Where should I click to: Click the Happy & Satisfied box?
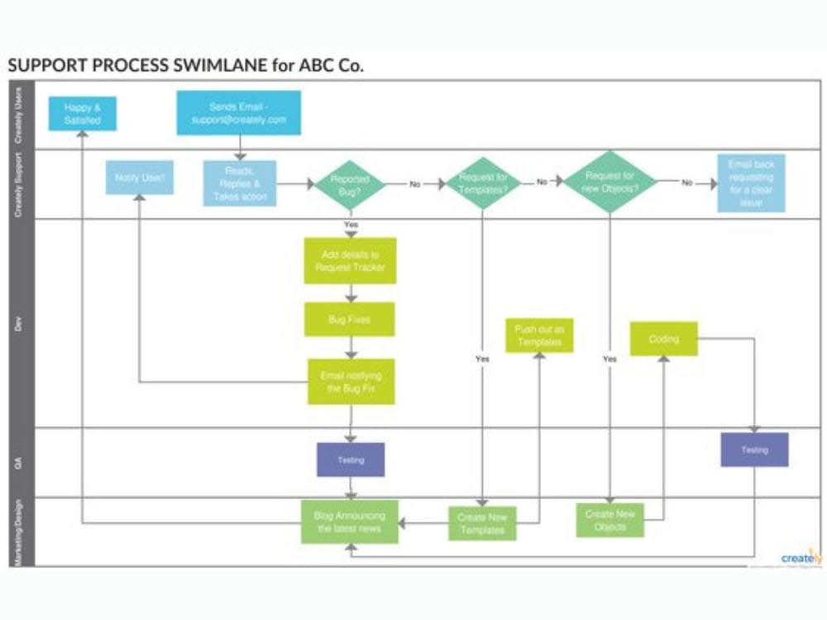tap(82, 113)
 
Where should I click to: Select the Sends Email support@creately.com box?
tap(239, 113)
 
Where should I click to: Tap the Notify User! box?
tap(140, 177)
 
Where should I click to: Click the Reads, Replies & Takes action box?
tap(240, 184)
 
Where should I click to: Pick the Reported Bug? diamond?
tap(350, 184)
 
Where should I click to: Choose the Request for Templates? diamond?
tap(483, 183)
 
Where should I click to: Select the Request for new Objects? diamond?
tap(609, 182)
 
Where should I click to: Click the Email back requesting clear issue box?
tap(751, 184)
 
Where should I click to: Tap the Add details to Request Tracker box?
tap(350, 260)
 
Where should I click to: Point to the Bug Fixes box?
tap(349, 319)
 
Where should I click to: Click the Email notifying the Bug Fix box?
tap(351, 381)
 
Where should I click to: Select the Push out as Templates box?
tap(539, 336)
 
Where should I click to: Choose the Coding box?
tap(663, 339)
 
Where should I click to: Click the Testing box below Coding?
tap(754, 450)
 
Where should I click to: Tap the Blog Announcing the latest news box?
tap(349, 522)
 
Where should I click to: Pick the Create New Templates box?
tap(482, 523)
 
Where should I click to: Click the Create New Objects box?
tap(610, 521)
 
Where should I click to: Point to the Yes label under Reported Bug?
tap(351, 225)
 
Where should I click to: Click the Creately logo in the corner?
tap(801, 558)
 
